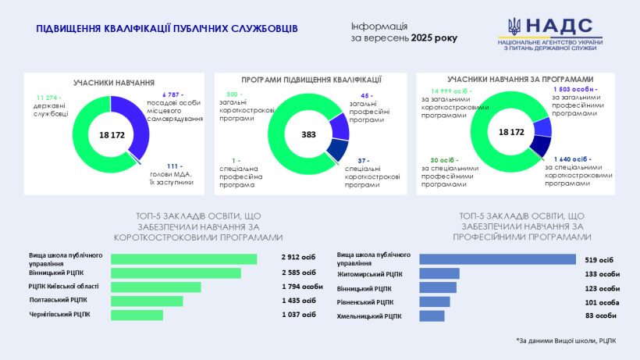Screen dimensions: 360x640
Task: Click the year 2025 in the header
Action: [426, 37]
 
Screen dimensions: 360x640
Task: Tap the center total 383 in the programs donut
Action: [308, 134]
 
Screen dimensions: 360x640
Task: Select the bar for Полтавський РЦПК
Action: [147, 301]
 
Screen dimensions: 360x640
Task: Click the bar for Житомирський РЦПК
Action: [439, 273]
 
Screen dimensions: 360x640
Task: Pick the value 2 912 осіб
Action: [299, 258]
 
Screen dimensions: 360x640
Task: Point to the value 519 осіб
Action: [599, 259]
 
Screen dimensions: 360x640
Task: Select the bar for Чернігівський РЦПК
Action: [137, 315]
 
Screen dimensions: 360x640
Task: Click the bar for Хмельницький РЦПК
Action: [432, 315]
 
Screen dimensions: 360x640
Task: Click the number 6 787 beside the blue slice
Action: [158, 94]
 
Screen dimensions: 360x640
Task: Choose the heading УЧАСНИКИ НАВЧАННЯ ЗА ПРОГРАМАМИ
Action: [509, 80]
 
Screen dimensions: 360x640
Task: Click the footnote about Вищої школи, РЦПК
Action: [566, 340]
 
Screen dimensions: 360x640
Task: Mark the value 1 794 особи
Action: [301, 287]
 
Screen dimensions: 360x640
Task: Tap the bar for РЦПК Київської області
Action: [155, 287]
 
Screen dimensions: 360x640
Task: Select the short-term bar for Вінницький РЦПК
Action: [176, 273]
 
